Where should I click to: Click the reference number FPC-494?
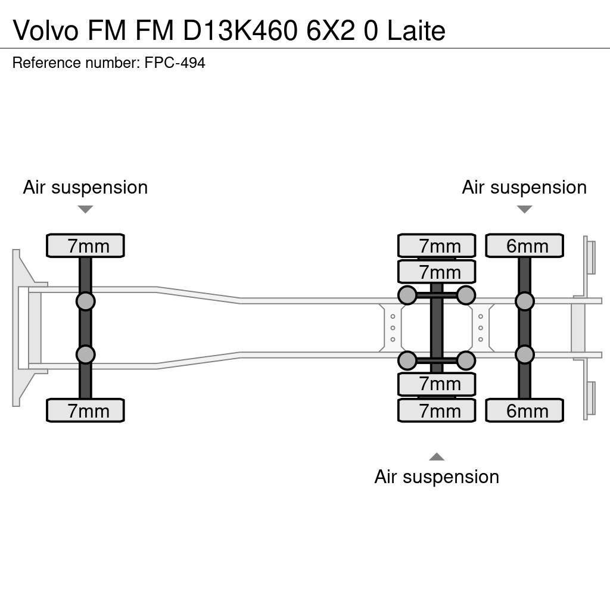175,63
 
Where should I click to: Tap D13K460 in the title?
240,30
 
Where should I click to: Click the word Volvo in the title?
46,30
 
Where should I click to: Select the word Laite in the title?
416,30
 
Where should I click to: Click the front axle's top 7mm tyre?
85,245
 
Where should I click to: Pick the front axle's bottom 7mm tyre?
85,410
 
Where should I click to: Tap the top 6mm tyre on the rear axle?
524,245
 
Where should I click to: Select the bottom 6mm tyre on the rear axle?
524,410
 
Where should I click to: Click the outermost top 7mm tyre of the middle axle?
437,245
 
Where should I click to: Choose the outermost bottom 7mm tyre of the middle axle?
437,410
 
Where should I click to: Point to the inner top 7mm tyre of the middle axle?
437,272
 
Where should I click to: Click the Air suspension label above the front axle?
85,187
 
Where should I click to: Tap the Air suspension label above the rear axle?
524,187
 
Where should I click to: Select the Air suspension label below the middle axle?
437,477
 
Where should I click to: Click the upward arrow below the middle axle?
437,457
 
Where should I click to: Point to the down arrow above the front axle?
85,209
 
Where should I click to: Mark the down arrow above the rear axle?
524,209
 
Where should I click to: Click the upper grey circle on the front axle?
86,301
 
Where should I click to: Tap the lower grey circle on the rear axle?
525,355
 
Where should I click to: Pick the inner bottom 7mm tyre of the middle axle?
437,384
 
